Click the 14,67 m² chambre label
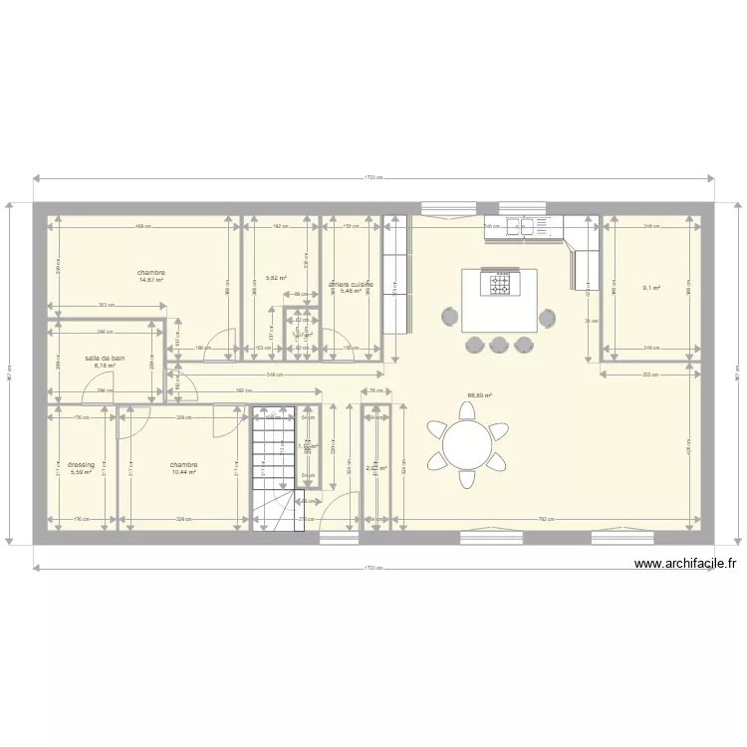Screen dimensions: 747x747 point(151,273)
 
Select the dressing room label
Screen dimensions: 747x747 point(82,464)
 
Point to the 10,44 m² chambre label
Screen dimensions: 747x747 point(183,464)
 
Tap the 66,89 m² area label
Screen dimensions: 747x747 point(481,395)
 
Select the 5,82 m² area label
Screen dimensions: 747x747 point(276,279)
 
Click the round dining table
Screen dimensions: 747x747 point(466,444)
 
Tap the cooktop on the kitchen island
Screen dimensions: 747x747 point(499,285)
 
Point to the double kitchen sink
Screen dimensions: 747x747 point(525,228)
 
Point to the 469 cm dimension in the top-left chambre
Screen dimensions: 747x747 point(142,226)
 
